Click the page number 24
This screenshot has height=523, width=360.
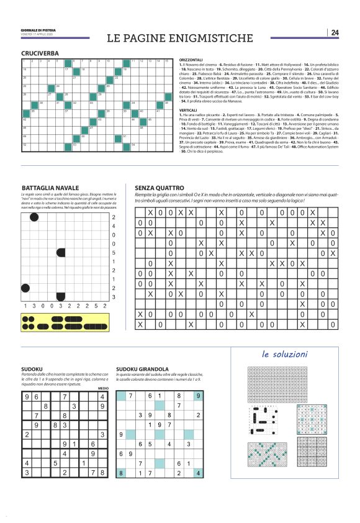335,32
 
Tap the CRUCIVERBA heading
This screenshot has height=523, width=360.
40,54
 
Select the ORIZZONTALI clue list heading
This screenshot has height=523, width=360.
192,60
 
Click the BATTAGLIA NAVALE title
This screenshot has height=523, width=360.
50,188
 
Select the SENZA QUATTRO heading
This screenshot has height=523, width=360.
159,188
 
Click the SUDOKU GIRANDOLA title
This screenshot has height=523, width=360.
142,369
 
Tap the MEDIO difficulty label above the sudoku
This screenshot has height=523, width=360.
103,388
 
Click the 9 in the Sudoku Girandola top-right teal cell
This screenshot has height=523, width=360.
197,396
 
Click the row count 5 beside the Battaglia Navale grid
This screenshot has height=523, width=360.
113,253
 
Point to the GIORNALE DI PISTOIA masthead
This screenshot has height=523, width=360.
38,29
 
